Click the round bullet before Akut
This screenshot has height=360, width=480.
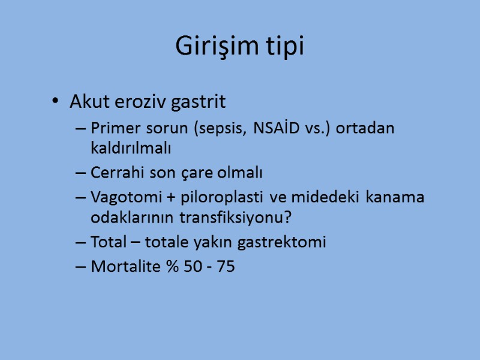[56, 102]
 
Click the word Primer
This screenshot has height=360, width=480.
[113, 129]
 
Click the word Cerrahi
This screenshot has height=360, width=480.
[115, 173]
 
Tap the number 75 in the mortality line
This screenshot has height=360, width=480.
[226, 266]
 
